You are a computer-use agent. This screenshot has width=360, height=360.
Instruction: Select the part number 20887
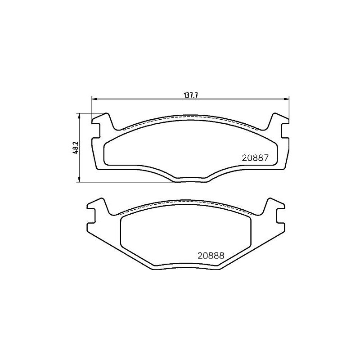(x=255, y=158)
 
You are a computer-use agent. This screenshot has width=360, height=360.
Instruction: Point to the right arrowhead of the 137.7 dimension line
(x=287, y=99)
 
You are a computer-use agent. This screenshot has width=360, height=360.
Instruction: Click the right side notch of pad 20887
(x=284, y=131)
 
